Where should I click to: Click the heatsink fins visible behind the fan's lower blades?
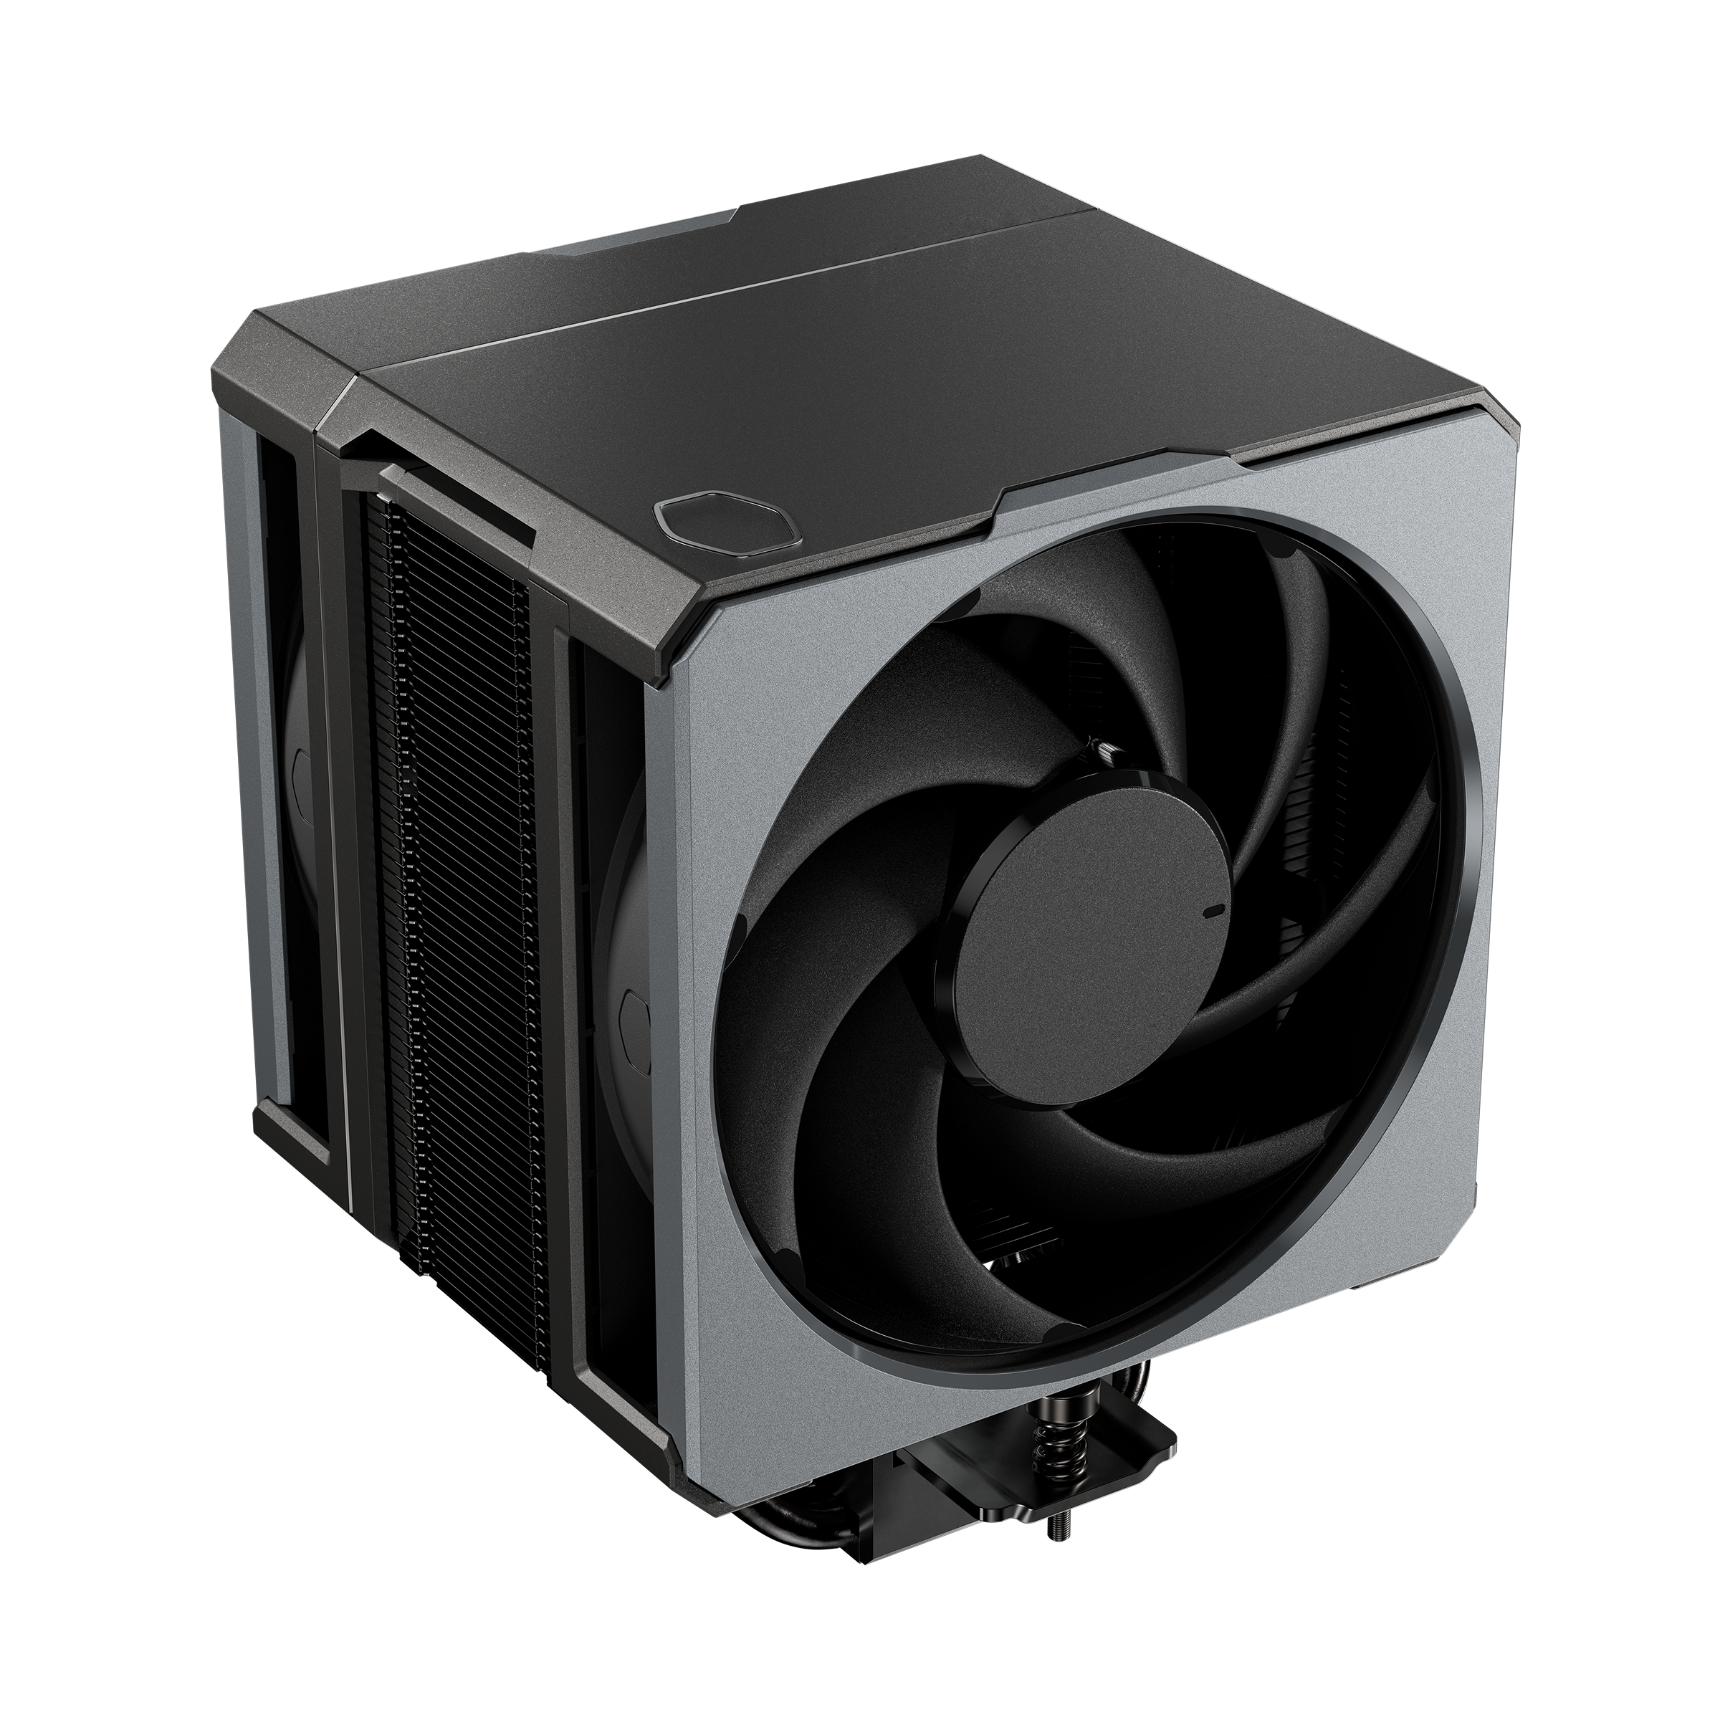coord(1015,1246)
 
